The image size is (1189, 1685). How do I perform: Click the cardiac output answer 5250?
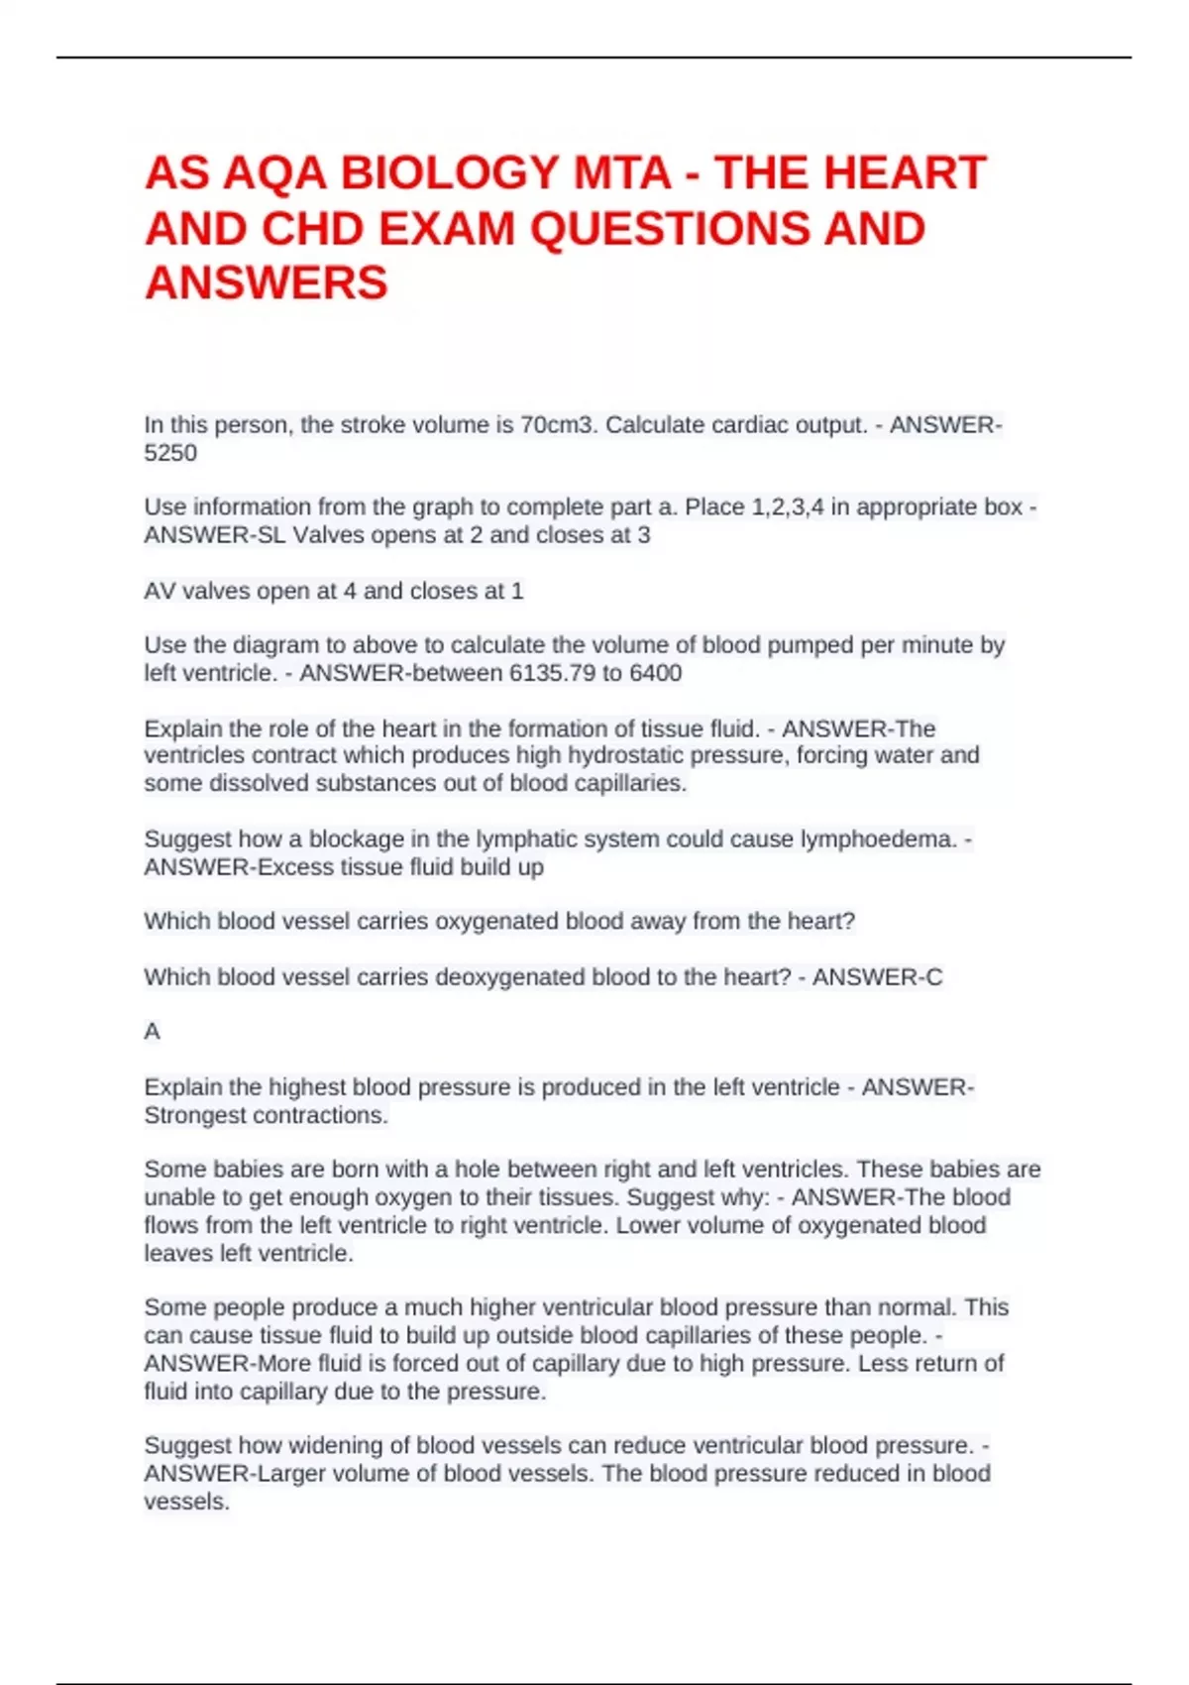pyautogui.click(x=170, y=453)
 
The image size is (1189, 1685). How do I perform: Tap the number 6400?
pyautogui.click(x=655, y=673)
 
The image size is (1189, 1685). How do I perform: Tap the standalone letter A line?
pyautogui.click(x=152, y=1032)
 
